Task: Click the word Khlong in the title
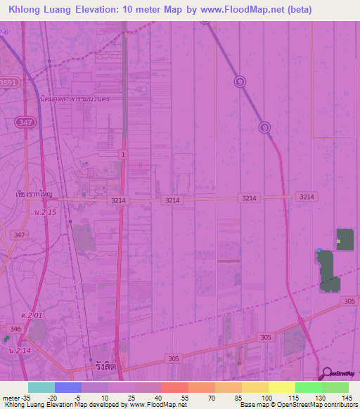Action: coord(27,10)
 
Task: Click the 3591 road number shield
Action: coord(8,82)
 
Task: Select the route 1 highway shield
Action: coord(123,154)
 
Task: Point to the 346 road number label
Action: coord(15,328)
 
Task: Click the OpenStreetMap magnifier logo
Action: coord(326,374)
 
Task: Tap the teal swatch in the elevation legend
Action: coord(41,387)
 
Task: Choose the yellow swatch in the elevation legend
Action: coord(281,387)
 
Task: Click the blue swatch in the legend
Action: coord(68,387)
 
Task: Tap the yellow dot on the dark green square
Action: coord(338,241)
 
